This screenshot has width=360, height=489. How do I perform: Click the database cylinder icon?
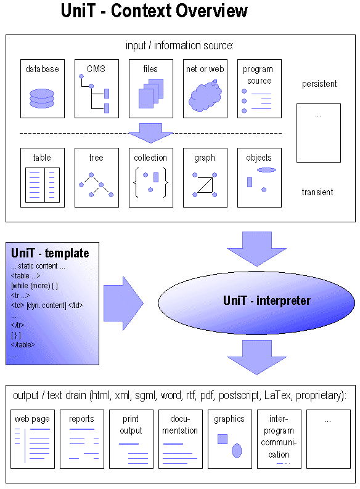point(42,99)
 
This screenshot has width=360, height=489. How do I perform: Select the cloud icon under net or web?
point(205,95)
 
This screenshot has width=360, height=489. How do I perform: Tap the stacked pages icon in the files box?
point(150,94)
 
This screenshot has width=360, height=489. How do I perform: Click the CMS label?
point(96,69)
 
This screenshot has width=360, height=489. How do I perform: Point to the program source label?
point(259,75)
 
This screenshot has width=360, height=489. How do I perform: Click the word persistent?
point(319,84)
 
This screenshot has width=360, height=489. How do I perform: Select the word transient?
point(317,192)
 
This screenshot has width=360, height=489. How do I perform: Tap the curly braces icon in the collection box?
point(150,182)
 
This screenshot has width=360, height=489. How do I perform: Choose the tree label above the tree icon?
point(96,158)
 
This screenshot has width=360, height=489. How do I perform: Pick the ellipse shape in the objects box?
point(266,169)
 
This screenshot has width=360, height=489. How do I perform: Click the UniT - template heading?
point(50,253)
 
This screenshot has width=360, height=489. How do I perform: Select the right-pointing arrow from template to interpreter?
point(123,302)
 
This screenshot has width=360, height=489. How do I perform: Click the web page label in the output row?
point(32,419)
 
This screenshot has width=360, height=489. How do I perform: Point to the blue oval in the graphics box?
point(237,450)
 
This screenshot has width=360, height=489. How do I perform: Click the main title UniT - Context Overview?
point(154,11)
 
